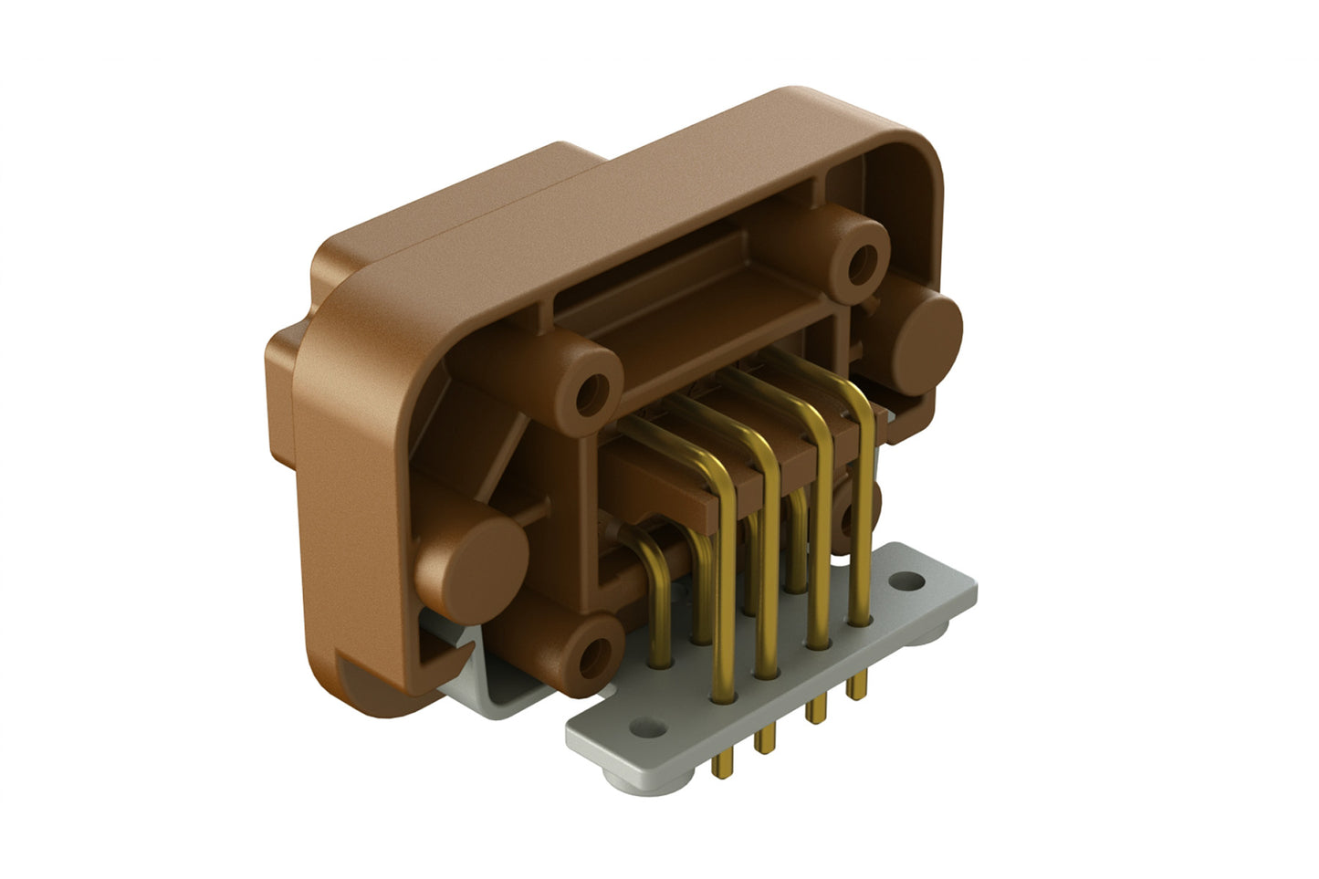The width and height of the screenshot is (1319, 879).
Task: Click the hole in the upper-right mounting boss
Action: [859, 262]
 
